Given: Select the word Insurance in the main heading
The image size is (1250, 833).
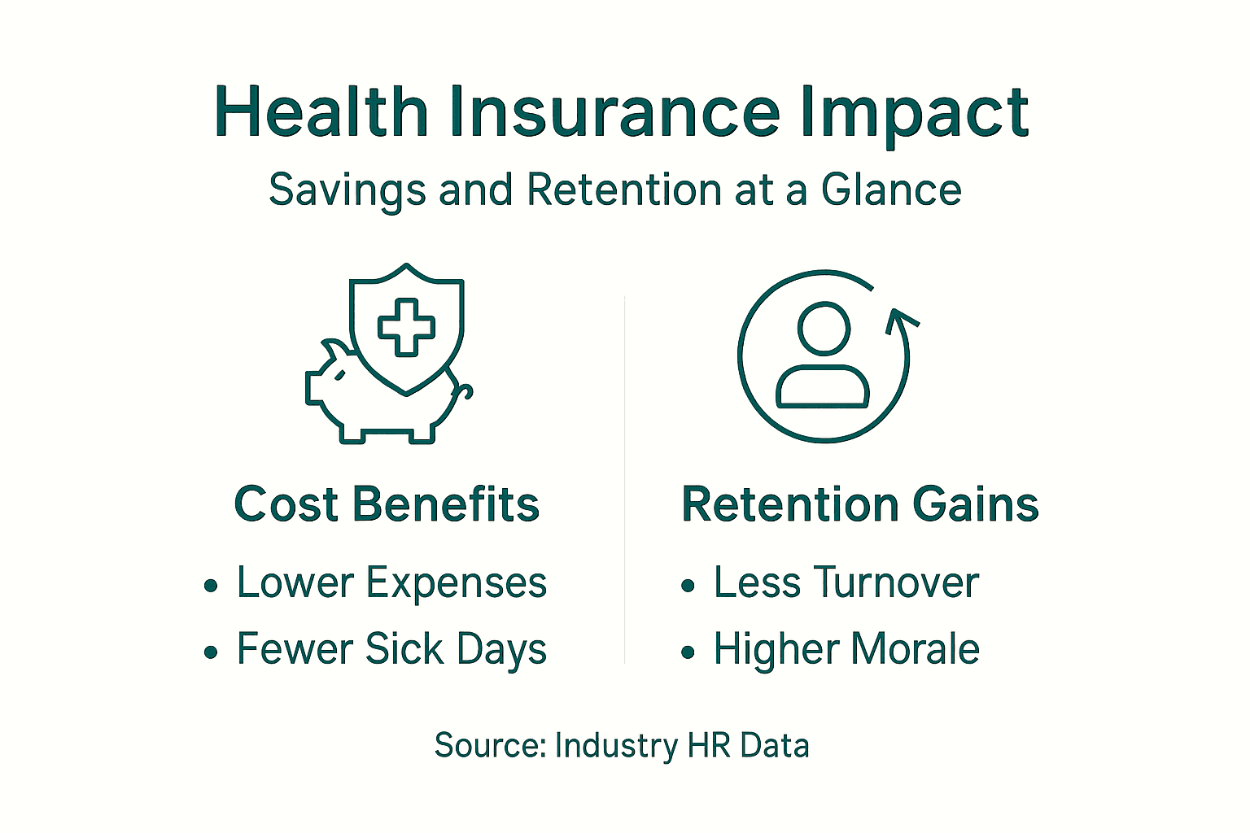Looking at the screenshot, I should point(614,111).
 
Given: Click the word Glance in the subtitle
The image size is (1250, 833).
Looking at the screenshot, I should point(891,190).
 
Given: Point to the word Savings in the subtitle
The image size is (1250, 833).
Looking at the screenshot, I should point(347,191).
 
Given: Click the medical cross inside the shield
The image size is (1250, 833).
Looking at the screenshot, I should point(406,327).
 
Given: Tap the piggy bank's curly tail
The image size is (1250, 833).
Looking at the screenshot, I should point(463,393).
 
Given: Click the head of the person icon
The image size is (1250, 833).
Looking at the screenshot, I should point(824,328).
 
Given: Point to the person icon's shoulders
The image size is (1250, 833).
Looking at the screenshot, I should point(823,387).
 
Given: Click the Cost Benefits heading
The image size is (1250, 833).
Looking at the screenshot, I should point(387,504).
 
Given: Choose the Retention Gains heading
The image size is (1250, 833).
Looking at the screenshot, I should point(860,504).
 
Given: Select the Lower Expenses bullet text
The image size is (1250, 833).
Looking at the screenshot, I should point(391,583).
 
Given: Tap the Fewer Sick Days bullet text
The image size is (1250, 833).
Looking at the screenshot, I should point(391,650).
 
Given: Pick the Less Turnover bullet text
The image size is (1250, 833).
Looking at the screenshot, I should point(846,583).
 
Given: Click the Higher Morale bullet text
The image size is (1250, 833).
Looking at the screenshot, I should point(846,650).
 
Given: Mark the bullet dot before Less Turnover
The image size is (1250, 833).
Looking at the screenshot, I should point(688,586).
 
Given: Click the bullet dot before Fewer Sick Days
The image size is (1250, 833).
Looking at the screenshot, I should point(212,652).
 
